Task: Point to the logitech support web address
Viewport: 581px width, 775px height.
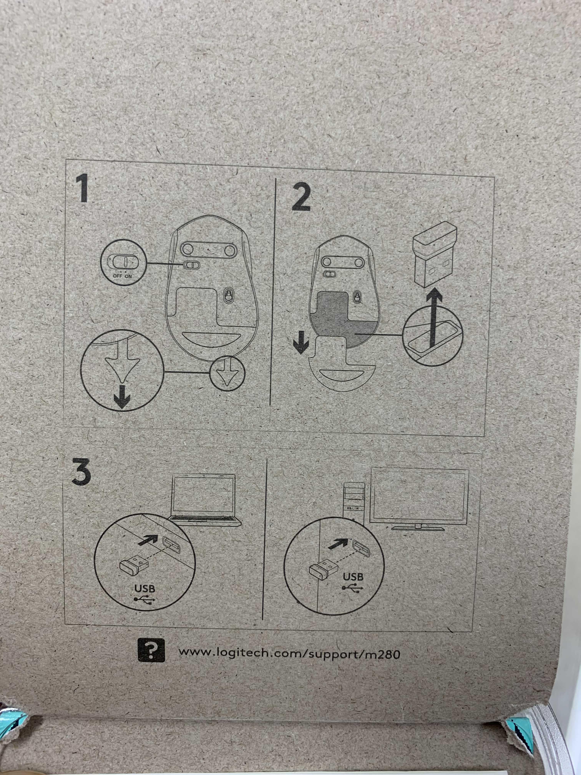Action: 289,653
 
